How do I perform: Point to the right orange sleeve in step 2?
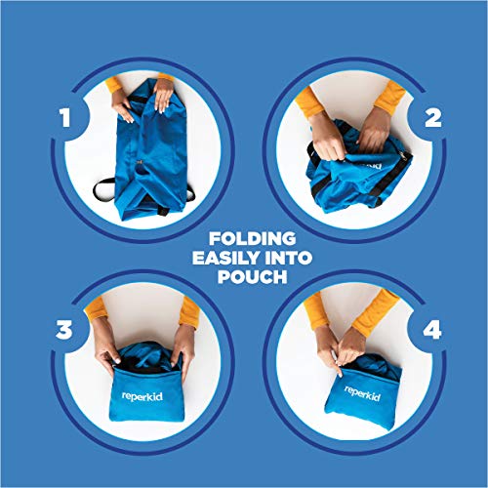(389, 96)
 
